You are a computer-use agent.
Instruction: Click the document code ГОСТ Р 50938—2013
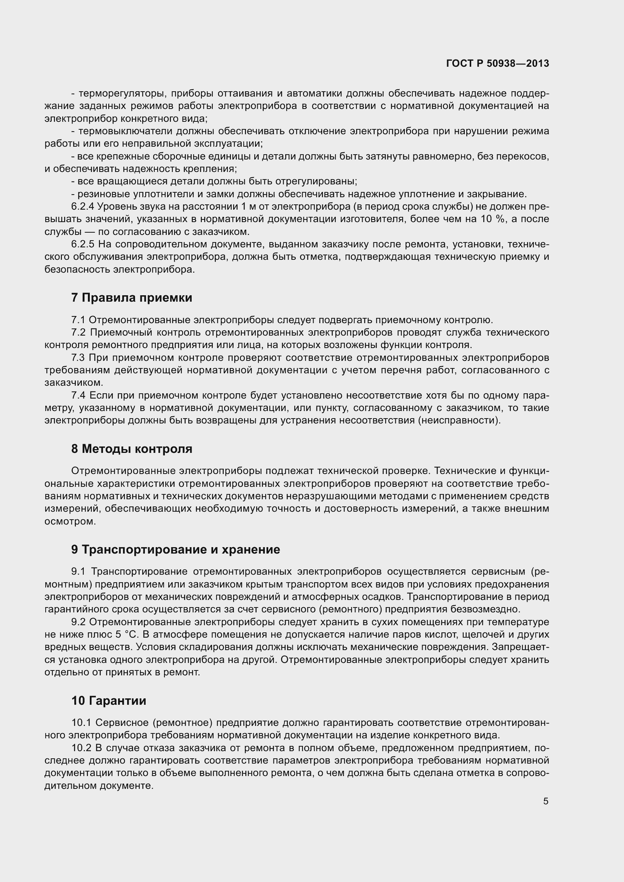click(x=498, y=64)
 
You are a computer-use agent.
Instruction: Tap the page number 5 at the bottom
click(x=546, y=802)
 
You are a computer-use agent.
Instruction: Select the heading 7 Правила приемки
click(x=131, y=298)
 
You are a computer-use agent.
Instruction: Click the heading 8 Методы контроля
click(x=131, y=449)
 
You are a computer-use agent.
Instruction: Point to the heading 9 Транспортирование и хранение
click(x=175, y=550)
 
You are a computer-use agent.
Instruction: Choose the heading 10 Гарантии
click(x=108, y=701)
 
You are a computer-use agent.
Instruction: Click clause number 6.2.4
click(x=83, y=207)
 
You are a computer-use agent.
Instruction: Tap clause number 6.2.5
click(x=83, y=244)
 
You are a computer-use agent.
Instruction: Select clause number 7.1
click(x=78, y=320)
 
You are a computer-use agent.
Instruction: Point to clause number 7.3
click(x=78, y=358)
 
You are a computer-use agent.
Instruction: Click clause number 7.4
click(x=79, y=396)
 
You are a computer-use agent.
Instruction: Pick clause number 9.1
click(x=78, y=572)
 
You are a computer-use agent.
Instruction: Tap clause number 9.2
click(x=79, y=622)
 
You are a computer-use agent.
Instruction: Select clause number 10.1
click(x=81, y=722)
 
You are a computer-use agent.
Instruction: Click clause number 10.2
click(x=81, y=748)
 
